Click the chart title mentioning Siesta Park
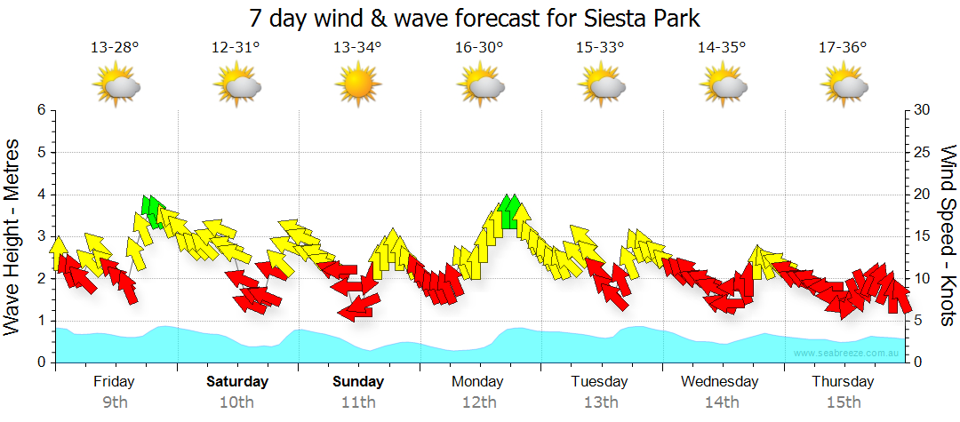(479, 19)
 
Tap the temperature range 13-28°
(115, 48)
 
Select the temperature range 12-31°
(236, 48)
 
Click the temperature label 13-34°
(357, 48)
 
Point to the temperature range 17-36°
(843, 48)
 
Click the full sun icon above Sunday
(357, 85)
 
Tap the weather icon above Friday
(116, 86)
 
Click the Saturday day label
(237, 382)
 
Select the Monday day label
(477, 382)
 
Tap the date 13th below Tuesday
(601, 402)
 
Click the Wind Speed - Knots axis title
(948, 236)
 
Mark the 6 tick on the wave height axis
(40, 110)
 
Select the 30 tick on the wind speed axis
(923, 110)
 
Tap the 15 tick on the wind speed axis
(922, 236)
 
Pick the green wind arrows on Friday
(152, 211)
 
